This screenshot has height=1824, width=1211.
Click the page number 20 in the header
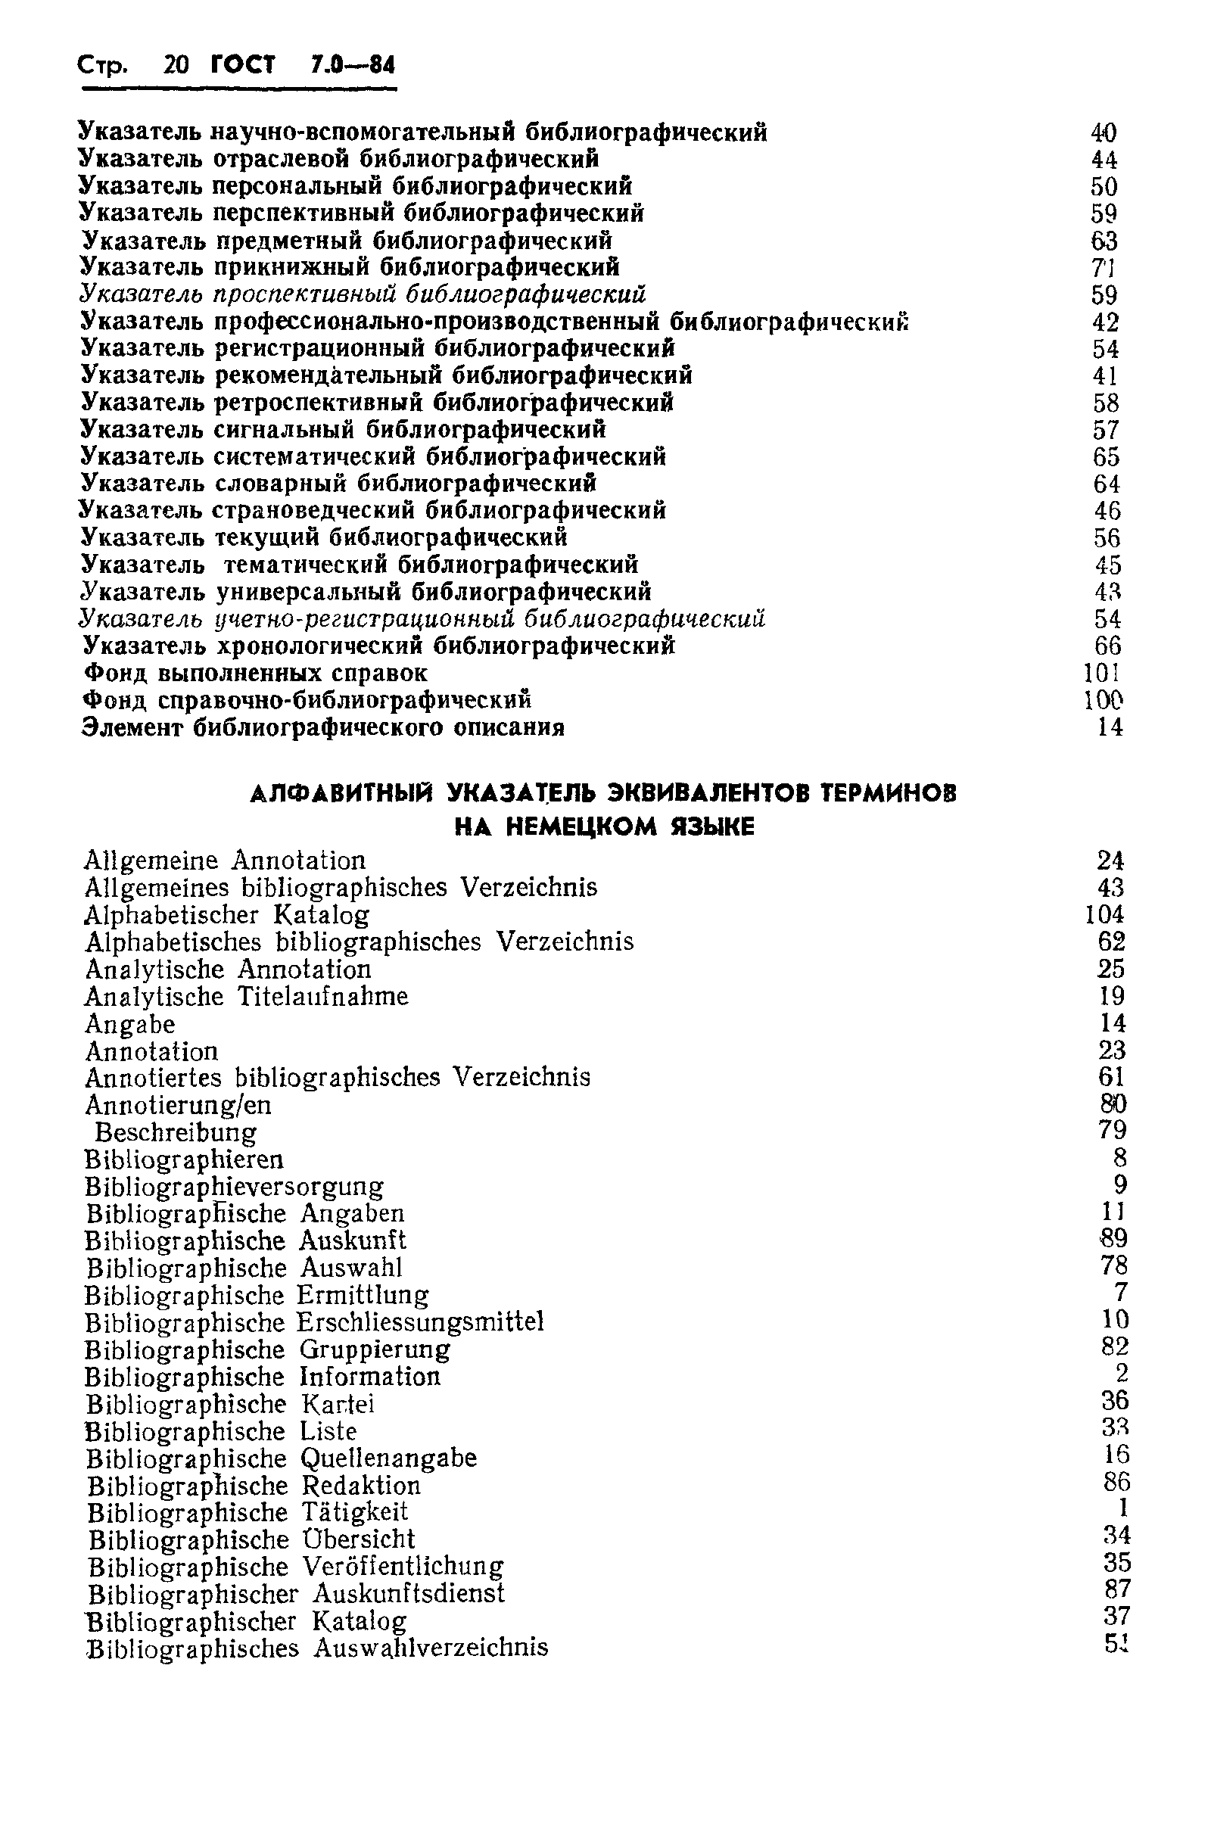coord(176,65)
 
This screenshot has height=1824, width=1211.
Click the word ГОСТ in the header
coord(242,65)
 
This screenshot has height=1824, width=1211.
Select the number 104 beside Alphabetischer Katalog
coord(1104,915)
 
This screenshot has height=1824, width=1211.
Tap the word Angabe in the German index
coord(129,1025)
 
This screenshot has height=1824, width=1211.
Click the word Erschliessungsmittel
coord(421,1322)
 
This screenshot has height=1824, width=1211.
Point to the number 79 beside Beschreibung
coord(1111,1131)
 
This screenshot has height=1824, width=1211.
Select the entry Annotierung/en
coord(178,1106)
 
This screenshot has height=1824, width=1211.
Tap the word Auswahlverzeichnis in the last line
coord(431,1648)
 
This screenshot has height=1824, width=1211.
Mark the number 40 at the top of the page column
coord(1104,134)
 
